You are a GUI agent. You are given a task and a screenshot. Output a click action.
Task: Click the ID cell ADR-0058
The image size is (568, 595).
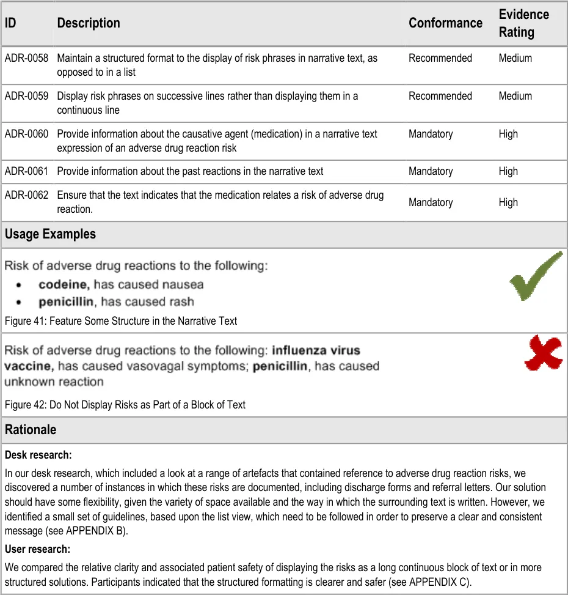point(26,59)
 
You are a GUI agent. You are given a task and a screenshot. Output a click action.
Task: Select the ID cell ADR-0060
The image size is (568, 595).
point(26,134)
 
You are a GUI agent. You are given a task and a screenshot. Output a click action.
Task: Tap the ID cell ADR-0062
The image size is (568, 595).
point(26,196)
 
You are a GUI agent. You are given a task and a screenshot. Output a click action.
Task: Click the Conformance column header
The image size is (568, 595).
point(445,23)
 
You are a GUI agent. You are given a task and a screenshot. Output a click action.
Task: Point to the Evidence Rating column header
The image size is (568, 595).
point(523,23)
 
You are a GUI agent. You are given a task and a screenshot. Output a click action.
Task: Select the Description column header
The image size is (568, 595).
point(89,23)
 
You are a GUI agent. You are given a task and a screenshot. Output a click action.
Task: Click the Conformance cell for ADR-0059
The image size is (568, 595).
point(440,96)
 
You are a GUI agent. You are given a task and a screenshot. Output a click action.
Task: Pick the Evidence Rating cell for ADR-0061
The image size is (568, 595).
point(508,172)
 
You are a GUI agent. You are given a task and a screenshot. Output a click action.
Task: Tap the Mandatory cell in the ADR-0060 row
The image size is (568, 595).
point(431,134)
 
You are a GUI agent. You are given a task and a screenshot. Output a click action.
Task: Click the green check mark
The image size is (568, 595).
point(535,276)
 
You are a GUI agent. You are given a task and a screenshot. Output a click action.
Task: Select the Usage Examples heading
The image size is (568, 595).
point(50,234)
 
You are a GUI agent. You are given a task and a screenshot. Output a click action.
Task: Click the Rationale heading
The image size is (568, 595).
point(31,430)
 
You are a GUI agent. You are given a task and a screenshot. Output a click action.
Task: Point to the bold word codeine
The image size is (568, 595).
point(64,284)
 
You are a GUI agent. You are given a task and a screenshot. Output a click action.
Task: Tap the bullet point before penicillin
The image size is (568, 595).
point(21,303)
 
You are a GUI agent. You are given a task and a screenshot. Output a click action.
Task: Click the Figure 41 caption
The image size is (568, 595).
point(121,320)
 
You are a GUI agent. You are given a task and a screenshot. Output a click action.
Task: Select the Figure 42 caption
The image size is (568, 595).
point(125,405)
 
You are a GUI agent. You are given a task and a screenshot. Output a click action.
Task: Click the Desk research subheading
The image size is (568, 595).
point(38,455)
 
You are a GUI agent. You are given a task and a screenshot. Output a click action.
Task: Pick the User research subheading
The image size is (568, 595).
point(37,549)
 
